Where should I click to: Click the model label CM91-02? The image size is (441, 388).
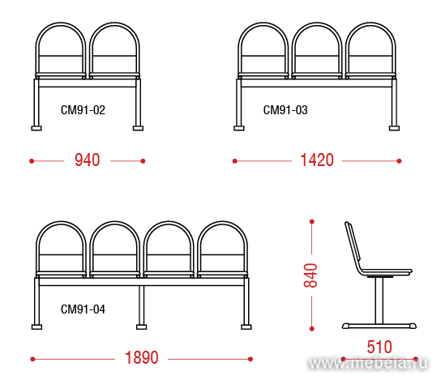click(83, 110)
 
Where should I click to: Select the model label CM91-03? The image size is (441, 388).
click(285, 110)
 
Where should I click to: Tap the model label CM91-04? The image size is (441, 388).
click(83, 309)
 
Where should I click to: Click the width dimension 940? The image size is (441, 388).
click(88, 160)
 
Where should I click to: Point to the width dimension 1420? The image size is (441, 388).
click(317, 160)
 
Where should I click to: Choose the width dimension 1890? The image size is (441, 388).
click(142, 358)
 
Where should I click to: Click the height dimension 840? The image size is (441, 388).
click(310, 275)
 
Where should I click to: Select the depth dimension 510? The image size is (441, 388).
click(379, 347)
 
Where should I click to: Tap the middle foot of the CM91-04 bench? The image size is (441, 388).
click(142, 326)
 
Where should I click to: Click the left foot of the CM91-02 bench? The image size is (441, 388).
click(36, 128)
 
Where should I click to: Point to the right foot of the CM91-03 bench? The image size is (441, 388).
click(394, 128)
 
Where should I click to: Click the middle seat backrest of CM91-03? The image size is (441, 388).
click(317, 25)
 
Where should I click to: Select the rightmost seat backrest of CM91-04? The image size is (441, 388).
click(222, 224)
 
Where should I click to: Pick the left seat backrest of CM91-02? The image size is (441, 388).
click(61, 25)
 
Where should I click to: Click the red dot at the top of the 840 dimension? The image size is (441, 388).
click(311, 222)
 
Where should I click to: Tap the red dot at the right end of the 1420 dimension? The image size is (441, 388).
click(399, 161)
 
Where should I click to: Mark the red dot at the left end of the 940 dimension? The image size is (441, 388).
click(32, 161)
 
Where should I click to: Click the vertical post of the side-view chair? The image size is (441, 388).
click(379, 301)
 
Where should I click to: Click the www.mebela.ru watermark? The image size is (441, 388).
click(368, 363)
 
